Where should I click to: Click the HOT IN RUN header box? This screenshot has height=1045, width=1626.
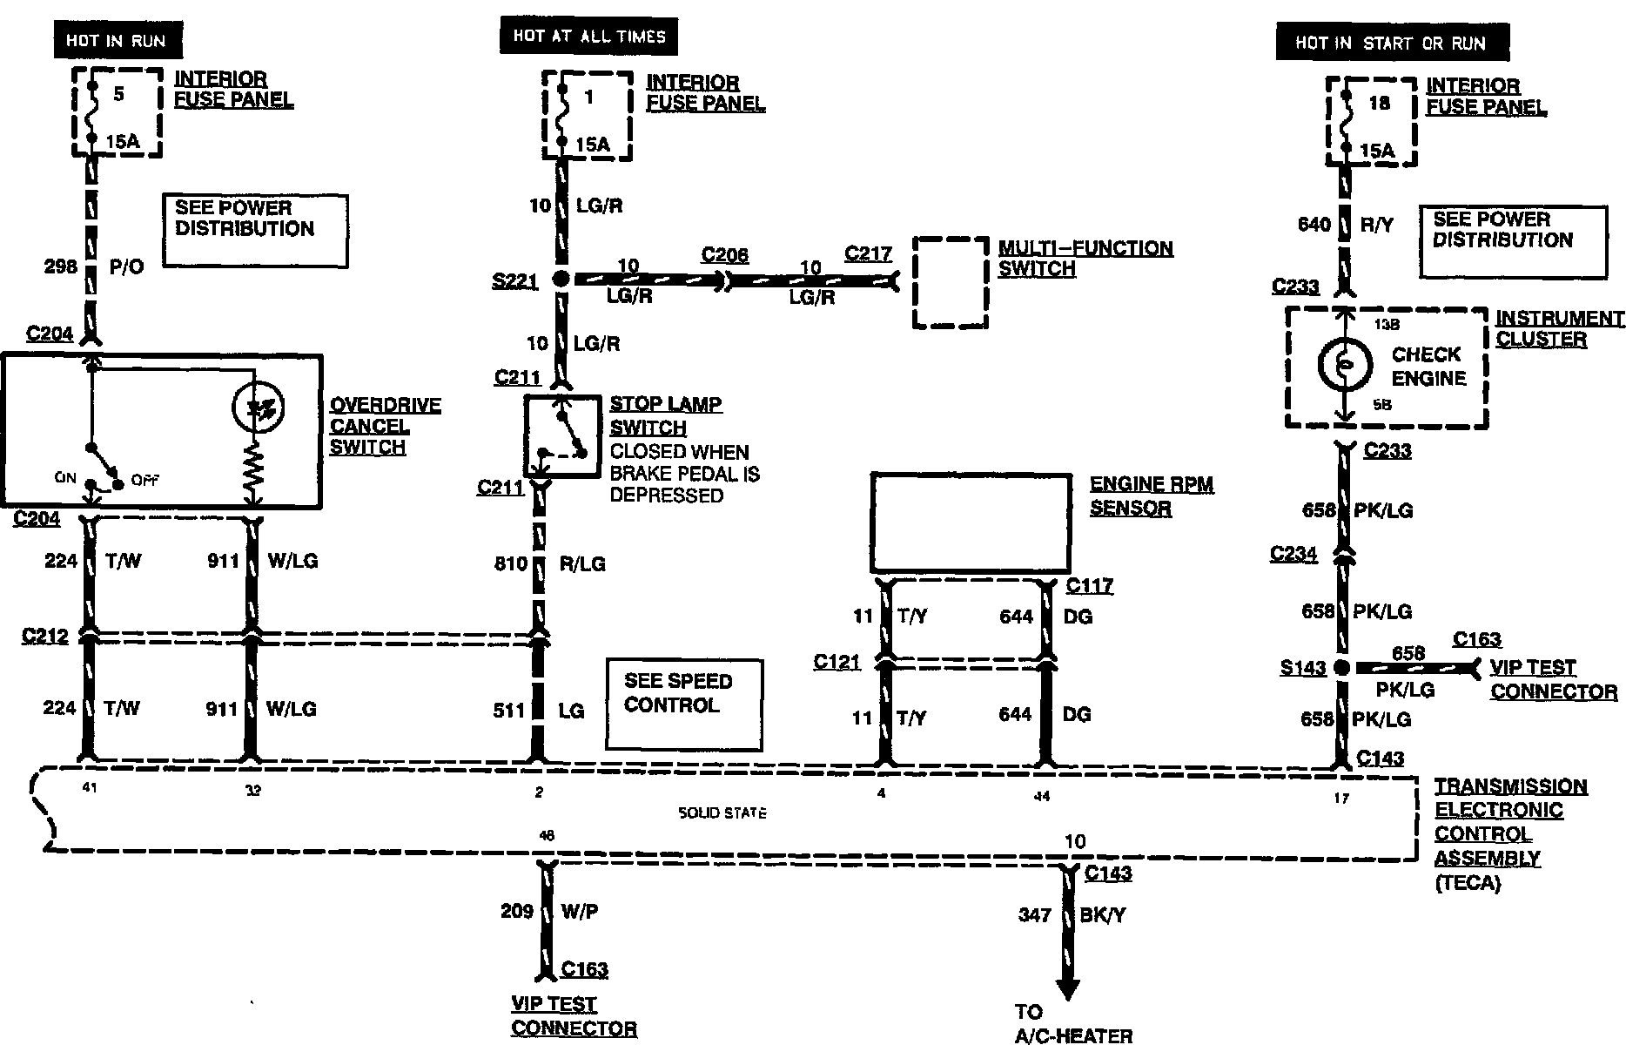pyautogui.click(x=116, y=41)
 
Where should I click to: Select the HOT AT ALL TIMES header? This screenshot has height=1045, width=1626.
pyautogui.click(x=588, y=37)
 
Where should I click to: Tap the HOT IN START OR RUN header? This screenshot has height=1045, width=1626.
pyautogui.click(x=1390, y=43)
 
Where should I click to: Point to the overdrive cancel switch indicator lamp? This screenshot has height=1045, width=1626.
pyautogui.click(x=259, y=407)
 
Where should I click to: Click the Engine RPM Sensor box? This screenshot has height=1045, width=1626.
pyautogui.click(x=971, y=522)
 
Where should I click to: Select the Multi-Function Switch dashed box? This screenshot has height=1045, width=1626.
pyautogui.click(x=951, y=282)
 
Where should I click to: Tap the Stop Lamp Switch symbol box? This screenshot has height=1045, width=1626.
pyautogui.click(x=562, y=435)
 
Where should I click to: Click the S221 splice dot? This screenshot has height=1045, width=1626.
pyautogui.click(x=561, y=280)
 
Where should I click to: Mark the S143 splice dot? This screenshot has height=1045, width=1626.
pyautogui.click(x=1342, y=668)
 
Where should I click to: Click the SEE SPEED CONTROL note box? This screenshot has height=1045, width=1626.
pyautogui.click(x=683, y=705)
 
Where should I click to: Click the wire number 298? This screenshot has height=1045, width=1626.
pyautogui.click(x=60, y=266)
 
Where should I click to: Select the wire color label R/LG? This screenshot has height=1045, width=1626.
pyautogui.click(x=581, y=564)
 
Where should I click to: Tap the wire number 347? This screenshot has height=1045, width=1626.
pyautogui.click(x=1035, y=915)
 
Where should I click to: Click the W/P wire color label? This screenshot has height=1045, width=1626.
pyautogui.click(x=580, y=912)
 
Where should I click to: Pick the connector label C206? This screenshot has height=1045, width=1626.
pyautogui.click(x=724, y=254)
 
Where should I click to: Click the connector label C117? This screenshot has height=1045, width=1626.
pyautogui.click(x=1090, y=585)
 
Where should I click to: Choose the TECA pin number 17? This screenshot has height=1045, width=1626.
pyautogui.click(x=1340, y=798)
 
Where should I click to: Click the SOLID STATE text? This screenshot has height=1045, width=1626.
pyautogui.click(x=722, y=813)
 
